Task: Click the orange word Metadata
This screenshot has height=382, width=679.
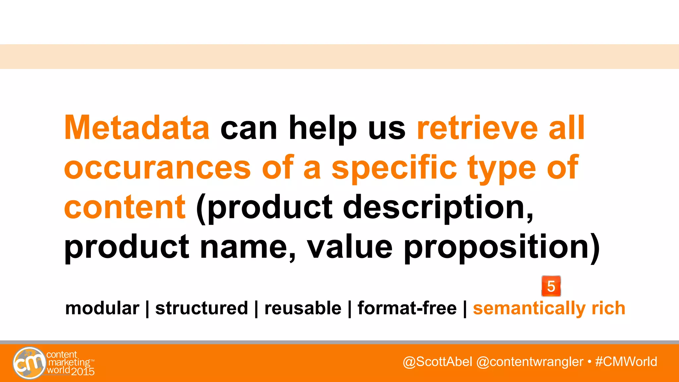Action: tap(137, 128)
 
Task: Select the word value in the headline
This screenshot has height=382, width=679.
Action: tap(349, 247)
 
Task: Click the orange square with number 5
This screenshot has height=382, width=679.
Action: tap(551, 286)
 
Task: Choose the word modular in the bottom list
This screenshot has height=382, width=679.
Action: tap(102, 308)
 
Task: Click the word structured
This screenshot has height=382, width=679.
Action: tap(202, 308)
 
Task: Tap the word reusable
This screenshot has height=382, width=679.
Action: tap(303, 308)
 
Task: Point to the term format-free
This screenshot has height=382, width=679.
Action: tap(407, 308)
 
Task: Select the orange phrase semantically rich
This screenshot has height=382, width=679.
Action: tap(549, 308)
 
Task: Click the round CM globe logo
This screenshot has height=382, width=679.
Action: tap(29, 363)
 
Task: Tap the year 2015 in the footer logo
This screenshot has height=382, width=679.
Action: tap(83, 372)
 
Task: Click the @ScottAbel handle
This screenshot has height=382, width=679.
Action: tap(437, 362)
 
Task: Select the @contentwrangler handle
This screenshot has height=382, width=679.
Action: tap(529, 362)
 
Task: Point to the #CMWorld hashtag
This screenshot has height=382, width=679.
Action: tap(626, 362)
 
